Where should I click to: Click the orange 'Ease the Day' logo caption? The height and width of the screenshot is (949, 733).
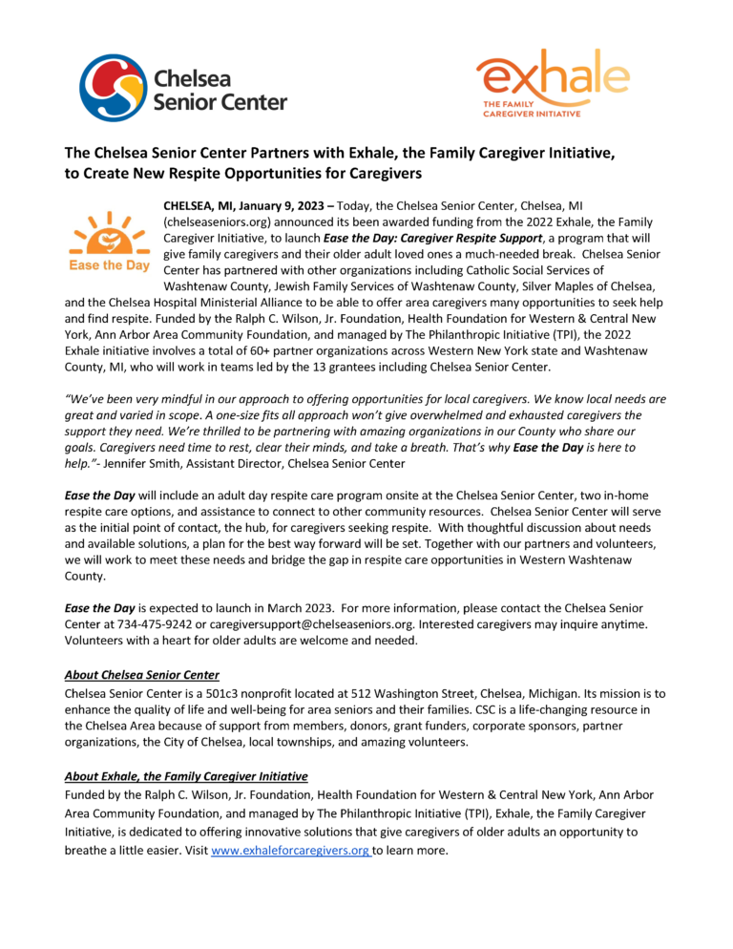[109, 266]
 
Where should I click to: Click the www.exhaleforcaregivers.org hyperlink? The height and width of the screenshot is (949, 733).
[290, 851]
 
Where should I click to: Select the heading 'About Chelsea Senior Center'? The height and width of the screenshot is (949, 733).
[141, 676]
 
